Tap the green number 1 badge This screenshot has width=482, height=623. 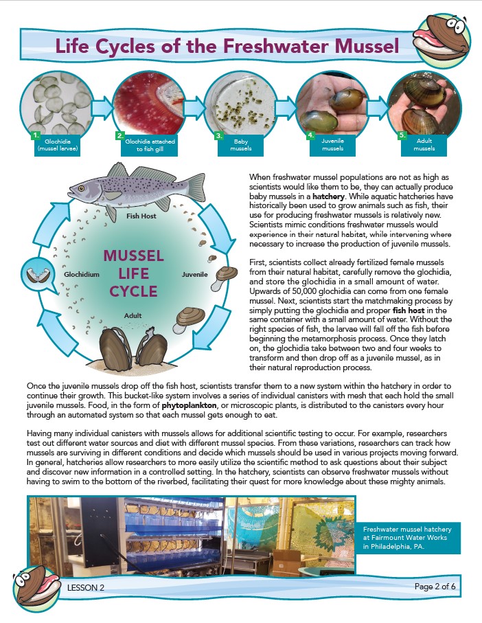tap(36, 135)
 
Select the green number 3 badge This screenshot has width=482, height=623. tap(219, 136)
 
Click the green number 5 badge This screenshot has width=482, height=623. tap(402, 135)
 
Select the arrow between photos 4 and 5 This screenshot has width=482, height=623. tap(376, 107)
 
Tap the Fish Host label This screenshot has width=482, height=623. tap(142, 216)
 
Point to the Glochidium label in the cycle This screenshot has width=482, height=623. tap(82, 274)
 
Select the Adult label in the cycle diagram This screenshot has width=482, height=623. tap(133, 315)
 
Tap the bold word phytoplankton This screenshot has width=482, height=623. tap(190, 405)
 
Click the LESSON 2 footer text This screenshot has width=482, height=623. tap(86, 588)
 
